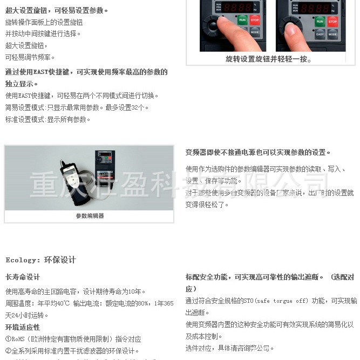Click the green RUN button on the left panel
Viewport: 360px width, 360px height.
[x=242, y=20]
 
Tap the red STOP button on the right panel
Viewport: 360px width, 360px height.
[x=332, y=21]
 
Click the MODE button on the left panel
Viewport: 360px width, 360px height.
[x=255, y=32]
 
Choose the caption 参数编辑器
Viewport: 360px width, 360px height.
[x=90, y=216]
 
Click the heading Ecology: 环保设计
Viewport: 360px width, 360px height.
[x=41, y=260]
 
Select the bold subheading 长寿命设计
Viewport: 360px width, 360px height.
[x=23, y=277]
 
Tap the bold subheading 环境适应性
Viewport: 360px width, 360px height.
[x=23, y=327]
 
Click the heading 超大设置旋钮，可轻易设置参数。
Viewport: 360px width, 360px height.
[x=57, y=10]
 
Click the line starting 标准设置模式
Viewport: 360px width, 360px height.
[x=48, y=119]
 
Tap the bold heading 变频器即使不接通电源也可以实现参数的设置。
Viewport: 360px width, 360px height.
[x=258, y=153]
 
